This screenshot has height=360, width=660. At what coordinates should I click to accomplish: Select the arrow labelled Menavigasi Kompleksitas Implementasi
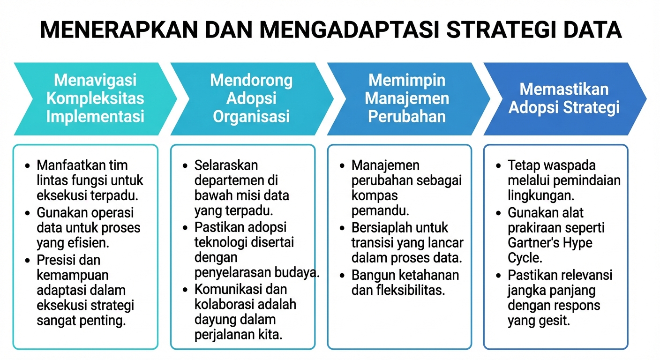pyautogui.click(x=95, y=98)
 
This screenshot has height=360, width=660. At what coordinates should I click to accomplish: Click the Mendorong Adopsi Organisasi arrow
pyautogui.click(x=252, y=98)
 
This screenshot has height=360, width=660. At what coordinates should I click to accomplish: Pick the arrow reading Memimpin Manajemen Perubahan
pyautogui.click(x=407, y=98)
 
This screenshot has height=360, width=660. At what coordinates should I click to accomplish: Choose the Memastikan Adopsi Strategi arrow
pyautogui.click(x=564, y=98)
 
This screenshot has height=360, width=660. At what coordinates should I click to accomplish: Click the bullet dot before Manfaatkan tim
pyautogui.click(x=28, y=166)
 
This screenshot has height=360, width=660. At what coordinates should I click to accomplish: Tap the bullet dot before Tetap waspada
pyautogui.click(x=499, y=166)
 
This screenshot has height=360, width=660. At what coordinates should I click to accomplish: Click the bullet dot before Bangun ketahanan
pyautogui.click(x=342, y=275)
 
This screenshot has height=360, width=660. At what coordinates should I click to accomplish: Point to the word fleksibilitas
pyautogui.click(x=406, y=291)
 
